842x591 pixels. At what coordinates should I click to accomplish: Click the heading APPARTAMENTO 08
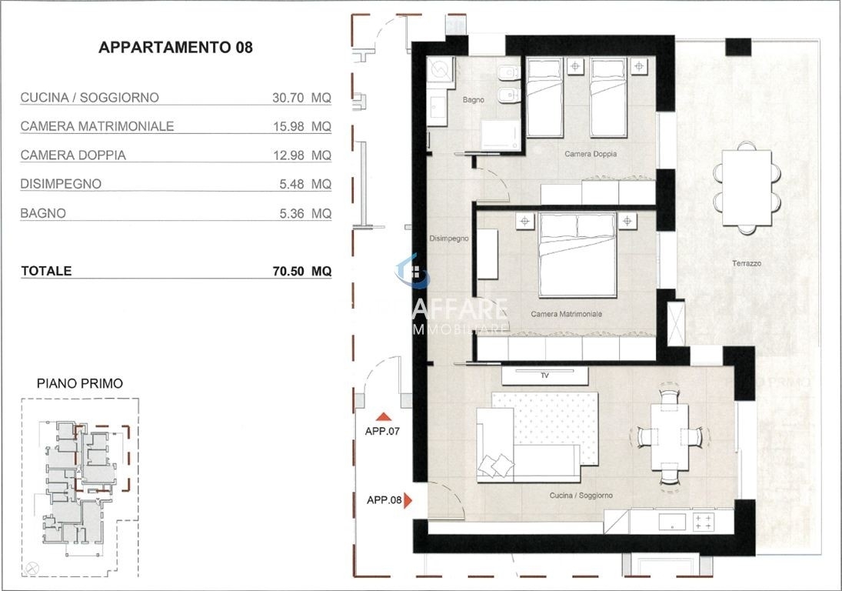pos(175,47)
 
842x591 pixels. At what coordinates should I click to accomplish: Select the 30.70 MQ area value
pos(301,98)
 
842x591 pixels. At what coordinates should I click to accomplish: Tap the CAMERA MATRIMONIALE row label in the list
pos(97,126)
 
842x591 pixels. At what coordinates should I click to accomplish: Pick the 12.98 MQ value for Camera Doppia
pos(301,155)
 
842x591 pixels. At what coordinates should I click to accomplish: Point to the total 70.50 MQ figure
pos(301,271)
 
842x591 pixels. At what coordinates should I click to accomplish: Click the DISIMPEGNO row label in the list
pos(61,184)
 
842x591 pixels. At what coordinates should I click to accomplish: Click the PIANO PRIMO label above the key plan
pos(79,384)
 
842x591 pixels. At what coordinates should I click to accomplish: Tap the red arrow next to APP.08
pos(408,501)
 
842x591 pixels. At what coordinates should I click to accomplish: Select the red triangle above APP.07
pos(384,416)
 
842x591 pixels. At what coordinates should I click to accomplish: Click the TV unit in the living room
pos(544,376)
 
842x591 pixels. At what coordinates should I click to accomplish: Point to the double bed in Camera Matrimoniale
pos(577,255)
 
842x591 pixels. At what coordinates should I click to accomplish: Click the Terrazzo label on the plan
pos(747,263)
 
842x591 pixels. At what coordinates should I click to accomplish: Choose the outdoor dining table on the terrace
pos(747,189)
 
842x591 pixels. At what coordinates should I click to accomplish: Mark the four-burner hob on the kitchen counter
pos(704,522)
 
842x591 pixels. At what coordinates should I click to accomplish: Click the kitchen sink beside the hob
pos(672,522)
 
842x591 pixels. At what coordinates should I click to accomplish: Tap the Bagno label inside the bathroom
pos(473,100)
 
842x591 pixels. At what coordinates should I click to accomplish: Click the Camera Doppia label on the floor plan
pos(590,154)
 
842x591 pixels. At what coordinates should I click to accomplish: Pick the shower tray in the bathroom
pos(501,135)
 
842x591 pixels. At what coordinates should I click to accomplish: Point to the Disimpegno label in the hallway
pos(449,238)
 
